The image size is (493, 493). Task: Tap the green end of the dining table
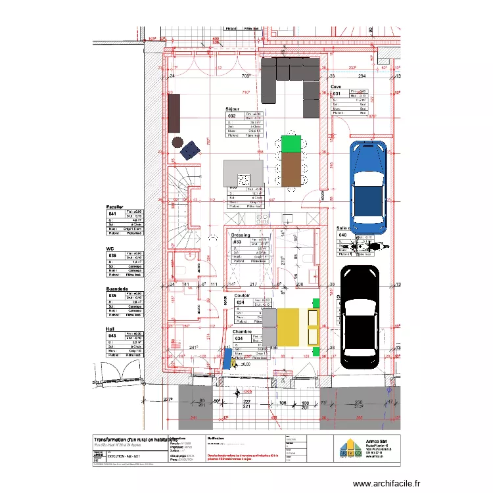click(x=291, y=143)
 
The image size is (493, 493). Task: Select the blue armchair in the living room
click(x=190, y=150)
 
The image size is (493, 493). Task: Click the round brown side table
click(x=177, y=141)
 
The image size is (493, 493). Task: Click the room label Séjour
click(x=233, y=110)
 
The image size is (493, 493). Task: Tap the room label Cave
click(x=336, y=87)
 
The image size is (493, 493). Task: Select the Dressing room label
click(x=241, y=235)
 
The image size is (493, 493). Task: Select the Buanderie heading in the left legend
click(x=118, y=289)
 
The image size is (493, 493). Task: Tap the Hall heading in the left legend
click(x=110, y=329)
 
